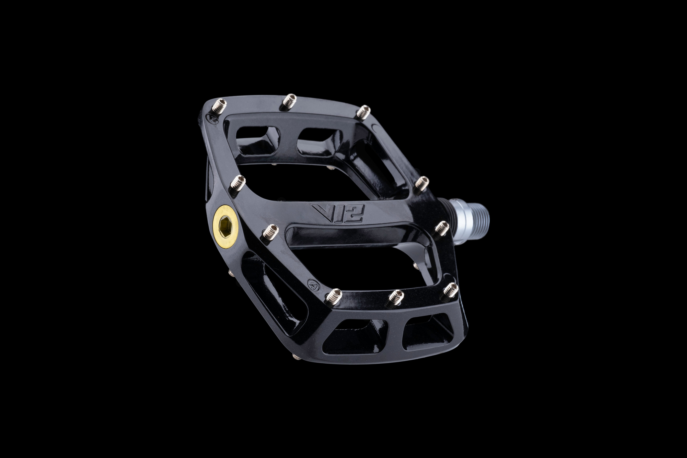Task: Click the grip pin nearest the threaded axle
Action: point(442,227)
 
